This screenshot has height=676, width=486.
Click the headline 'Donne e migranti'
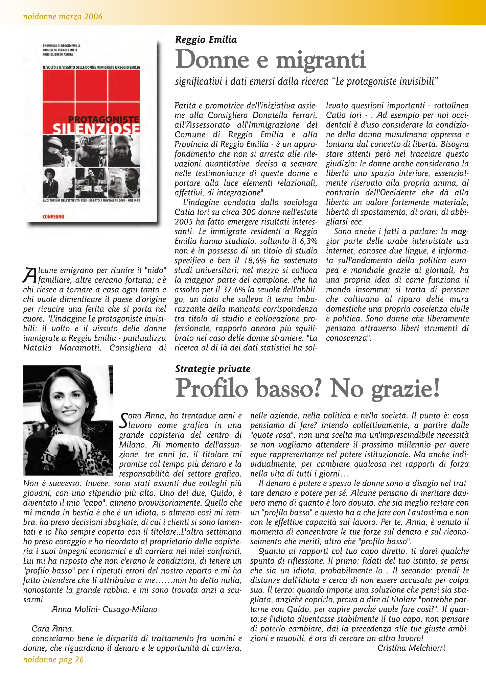click(271, 60)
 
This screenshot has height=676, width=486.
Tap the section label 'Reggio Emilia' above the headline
click(206, 40)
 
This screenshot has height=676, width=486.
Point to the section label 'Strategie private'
click(213, 369)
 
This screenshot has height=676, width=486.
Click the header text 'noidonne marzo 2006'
click(63, 16)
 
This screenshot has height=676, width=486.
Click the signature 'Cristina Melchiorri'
click(411, 648)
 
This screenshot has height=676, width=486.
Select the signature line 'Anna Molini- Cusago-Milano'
click(105, 609)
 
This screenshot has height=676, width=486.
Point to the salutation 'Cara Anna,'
click(52, 629)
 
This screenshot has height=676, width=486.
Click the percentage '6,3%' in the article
click(308, 241)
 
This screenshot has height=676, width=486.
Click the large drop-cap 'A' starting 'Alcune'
click(30, 275)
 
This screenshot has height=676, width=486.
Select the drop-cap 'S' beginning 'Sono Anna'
click(124, 420)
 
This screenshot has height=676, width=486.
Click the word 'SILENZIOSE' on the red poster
click(96, 129)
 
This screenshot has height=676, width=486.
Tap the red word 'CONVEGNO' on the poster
click(53, 217)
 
